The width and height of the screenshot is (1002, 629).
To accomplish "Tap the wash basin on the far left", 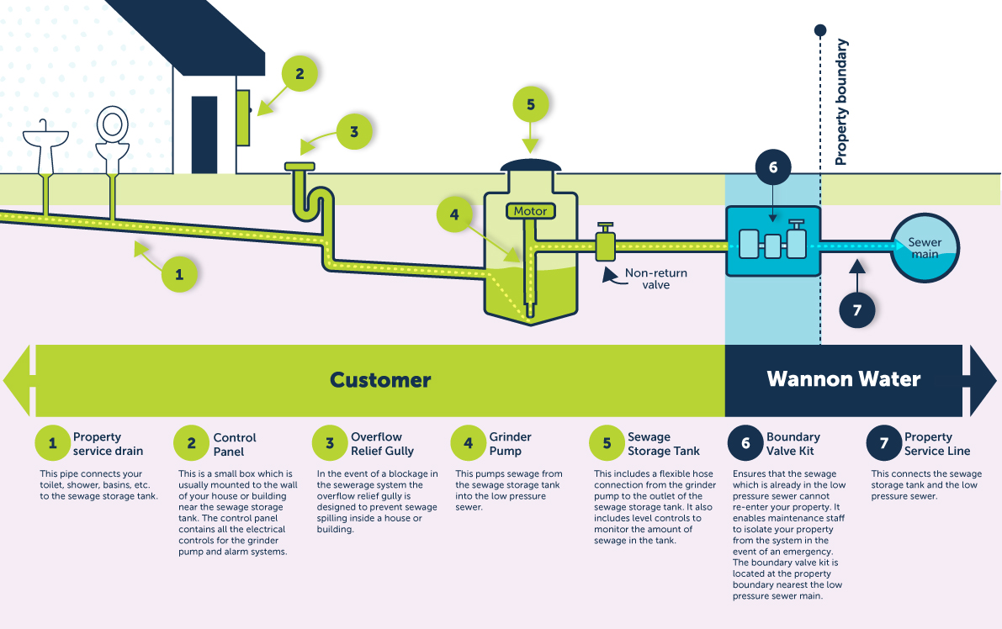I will pyautogui.click(x=45, y=145).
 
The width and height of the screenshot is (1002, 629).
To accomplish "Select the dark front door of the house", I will pyautogui.click(x=204, y=135).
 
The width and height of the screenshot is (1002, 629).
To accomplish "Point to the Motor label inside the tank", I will pyautogui.click(x=530, y=211).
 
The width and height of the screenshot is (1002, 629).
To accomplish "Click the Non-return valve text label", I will pyautogui.click(x=655, y=279).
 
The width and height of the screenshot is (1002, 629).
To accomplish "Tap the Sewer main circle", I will pyautogui.click(x=925, y=248).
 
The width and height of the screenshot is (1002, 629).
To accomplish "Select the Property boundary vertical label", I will pyautogui.click(x=841, y=102).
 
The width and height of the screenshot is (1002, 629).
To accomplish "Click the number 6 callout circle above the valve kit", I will pyautogui.click(x=773, y=167).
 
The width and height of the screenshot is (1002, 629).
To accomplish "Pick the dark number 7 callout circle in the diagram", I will pyautogui.click(x=857, y=309).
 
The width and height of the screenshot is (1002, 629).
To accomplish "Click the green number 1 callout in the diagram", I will pyautogui.click(x=178, y=273).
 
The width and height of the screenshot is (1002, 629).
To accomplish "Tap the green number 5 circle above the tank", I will pyautogui.click(x=530, y=105).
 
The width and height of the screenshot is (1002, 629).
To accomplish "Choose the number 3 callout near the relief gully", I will pyautogui.click(x=354, y=132).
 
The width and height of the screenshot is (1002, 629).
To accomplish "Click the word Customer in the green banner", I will pyautogui.click(x=380, y=380).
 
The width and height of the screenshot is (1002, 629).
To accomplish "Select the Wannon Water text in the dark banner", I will pyautogui.click(x=843, y=380).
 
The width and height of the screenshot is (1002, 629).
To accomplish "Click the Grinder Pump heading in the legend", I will pyautogui.click(x=510, y=444).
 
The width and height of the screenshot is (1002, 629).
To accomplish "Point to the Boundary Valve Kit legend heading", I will pyautogui.click(x=793, y=444).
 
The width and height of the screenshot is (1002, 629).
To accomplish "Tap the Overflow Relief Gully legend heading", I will pyautogui.click(x=382, y=444).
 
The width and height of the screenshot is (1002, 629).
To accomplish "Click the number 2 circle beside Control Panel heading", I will pyautogui.click(x=191, y=443).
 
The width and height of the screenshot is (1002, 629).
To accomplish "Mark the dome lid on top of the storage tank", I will pyautogui.click(x=529, y=166).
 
